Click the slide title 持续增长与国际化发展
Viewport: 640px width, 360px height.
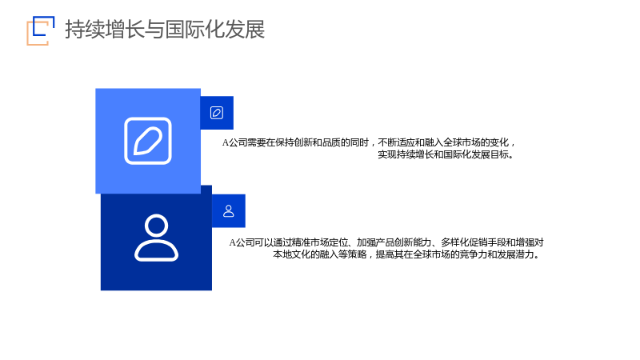(x=165, y=30)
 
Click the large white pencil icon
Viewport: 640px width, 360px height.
(x=148, y=141)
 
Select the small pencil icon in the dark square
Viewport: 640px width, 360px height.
(x=217, y=113)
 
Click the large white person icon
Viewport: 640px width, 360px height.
(x=156, y=237)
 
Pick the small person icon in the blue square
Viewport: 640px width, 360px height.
(x=229, y=210)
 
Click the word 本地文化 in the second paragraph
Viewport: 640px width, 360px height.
(x=291, y=254)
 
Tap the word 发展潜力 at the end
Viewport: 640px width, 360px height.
(x=515, y=254)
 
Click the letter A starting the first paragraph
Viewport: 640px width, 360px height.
(x=226, y=142)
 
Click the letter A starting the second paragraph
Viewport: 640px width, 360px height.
(x=232, y=242)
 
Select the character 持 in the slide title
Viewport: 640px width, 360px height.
(x=75, y=30)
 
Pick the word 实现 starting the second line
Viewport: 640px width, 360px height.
(x=387, y=154)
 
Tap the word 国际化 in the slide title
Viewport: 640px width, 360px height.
(x=195, y=30)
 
